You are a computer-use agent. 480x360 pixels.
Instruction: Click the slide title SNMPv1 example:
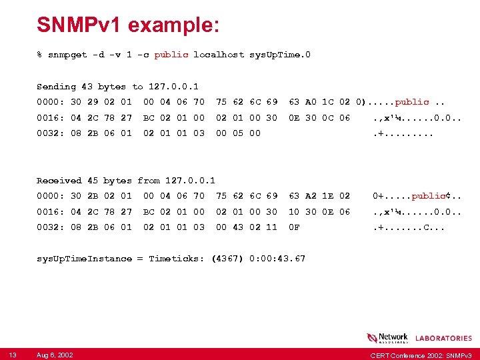point(128,25)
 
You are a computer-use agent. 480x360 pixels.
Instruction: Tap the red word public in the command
point(171,55)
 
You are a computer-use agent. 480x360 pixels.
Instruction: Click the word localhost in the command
point(218,55)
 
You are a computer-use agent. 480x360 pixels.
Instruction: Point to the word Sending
point(57,87)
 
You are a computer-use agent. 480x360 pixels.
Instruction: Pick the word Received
point(59,181)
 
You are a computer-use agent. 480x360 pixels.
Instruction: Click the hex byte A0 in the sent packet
point(311,102)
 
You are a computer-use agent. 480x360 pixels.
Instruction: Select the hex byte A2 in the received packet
point(311,196)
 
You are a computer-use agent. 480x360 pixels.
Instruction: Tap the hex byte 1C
point(328,102)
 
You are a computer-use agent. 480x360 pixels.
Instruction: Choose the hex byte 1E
point(328,196)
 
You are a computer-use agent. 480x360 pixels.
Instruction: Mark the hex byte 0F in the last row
point(294,227)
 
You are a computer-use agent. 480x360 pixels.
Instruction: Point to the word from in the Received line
point(149,181)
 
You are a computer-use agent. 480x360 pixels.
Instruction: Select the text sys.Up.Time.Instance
point(84,259)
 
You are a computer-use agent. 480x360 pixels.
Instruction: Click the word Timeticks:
point(176,259)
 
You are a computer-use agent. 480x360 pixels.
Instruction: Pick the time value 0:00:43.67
point(276,259)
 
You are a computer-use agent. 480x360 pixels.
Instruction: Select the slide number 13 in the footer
point(13,354)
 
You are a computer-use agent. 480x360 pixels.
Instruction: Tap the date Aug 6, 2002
point(55,354)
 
